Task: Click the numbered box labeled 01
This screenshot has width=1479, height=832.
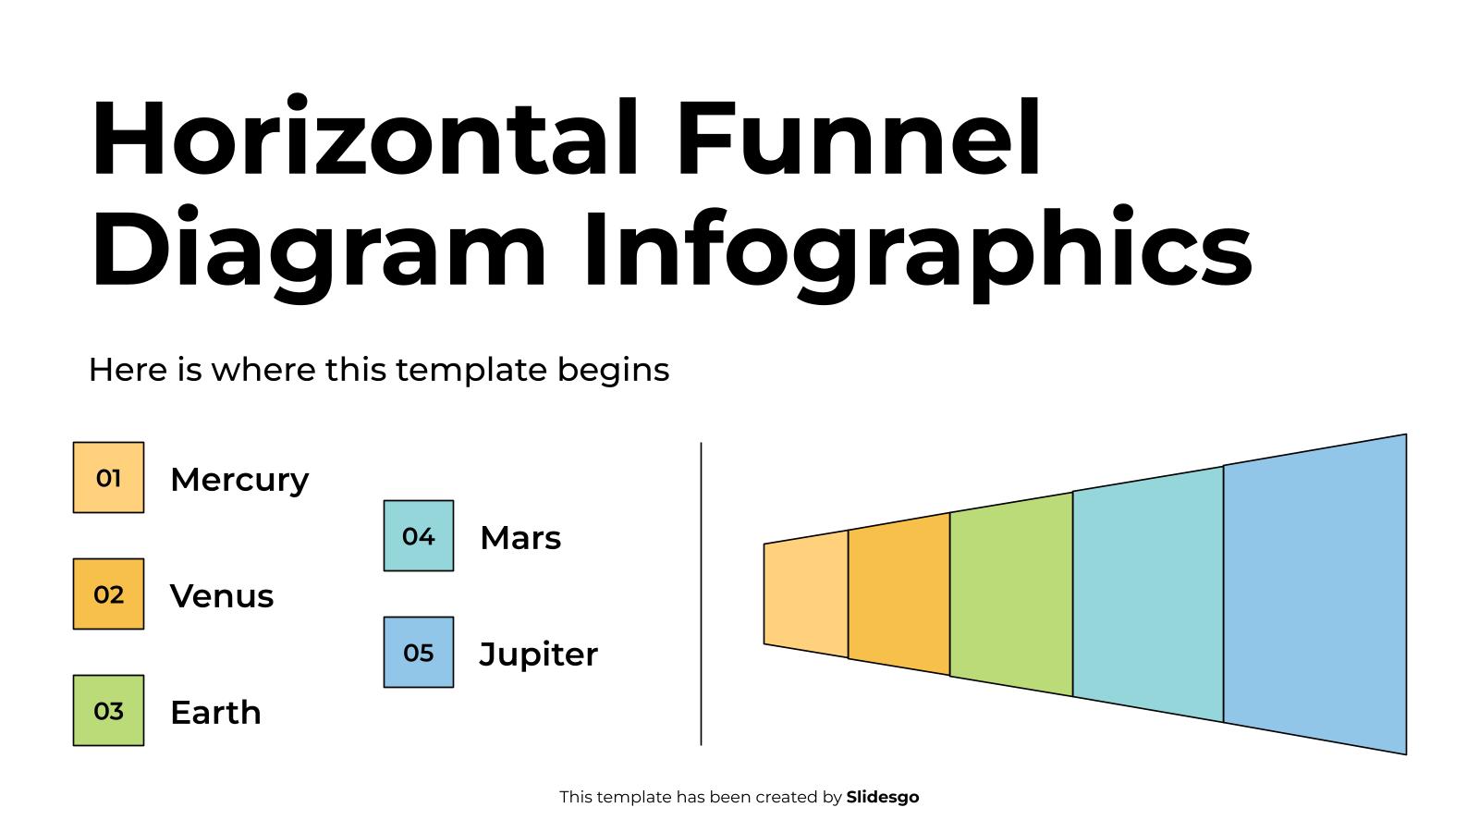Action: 108,478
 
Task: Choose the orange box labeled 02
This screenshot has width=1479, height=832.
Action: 108,594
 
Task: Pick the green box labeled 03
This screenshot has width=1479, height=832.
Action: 108,711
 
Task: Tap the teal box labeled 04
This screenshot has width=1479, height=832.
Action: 419,536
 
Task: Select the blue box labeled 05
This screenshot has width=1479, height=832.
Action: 419,653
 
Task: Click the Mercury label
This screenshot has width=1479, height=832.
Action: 239,480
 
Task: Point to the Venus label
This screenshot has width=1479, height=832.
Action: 222,596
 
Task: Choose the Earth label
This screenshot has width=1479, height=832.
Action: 215,713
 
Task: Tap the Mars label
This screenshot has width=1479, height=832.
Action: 520,538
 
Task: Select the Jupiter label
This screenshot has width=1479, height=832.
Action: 539,655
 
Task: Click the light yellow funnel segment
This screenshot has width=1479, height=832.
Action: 806,594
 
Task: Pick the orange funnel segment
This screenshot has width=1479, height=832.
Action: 898,594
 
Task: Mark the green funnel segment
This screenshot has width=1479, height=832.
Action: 1011,594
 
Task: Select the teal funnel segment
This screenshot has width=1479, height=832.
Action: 1148,594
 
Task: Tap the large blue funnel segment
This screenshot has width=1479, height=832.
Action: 1314,594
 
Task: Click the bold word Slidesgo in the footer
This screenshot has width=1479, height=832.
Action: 883,797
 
